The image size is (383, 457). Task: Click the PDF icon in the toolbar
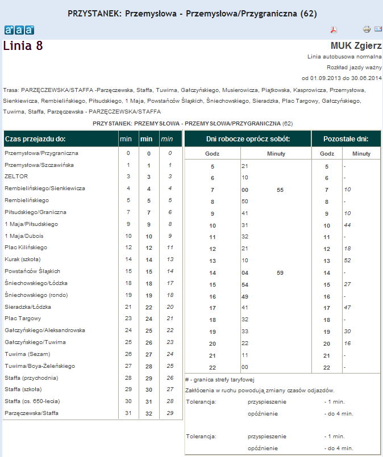coord(334,30)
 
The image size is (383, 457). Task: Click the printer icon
coord(367,30)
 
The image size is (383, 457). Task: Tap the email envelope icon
coord(378,30)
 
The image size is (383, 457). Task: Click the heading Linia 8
coord(23,46)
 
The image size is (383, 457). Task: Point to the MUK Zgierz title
coord(356,45)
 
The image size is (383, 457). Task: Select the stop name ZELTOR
coord(16,177)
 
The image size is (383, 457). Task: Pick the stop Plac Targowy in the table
coord(23,318)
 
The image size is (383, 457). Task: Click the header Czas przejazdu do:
coord(35,139)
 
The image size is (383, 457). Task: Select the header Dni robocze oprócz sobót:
coord(247,139)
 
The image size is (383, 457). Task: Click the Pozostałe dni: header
coord(345,139)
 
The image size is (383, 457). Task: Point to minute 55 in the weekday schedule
coord(280,190)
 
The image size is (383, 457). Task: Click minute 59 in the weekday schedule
coord(280,272)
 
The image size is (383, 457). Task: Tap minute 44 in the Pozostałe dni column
coord(348,225)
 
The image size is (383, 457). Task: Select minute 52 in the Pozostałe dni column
coord(348,261)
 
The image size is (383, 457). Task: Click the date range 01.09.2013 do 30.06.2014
coord(342,78)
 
